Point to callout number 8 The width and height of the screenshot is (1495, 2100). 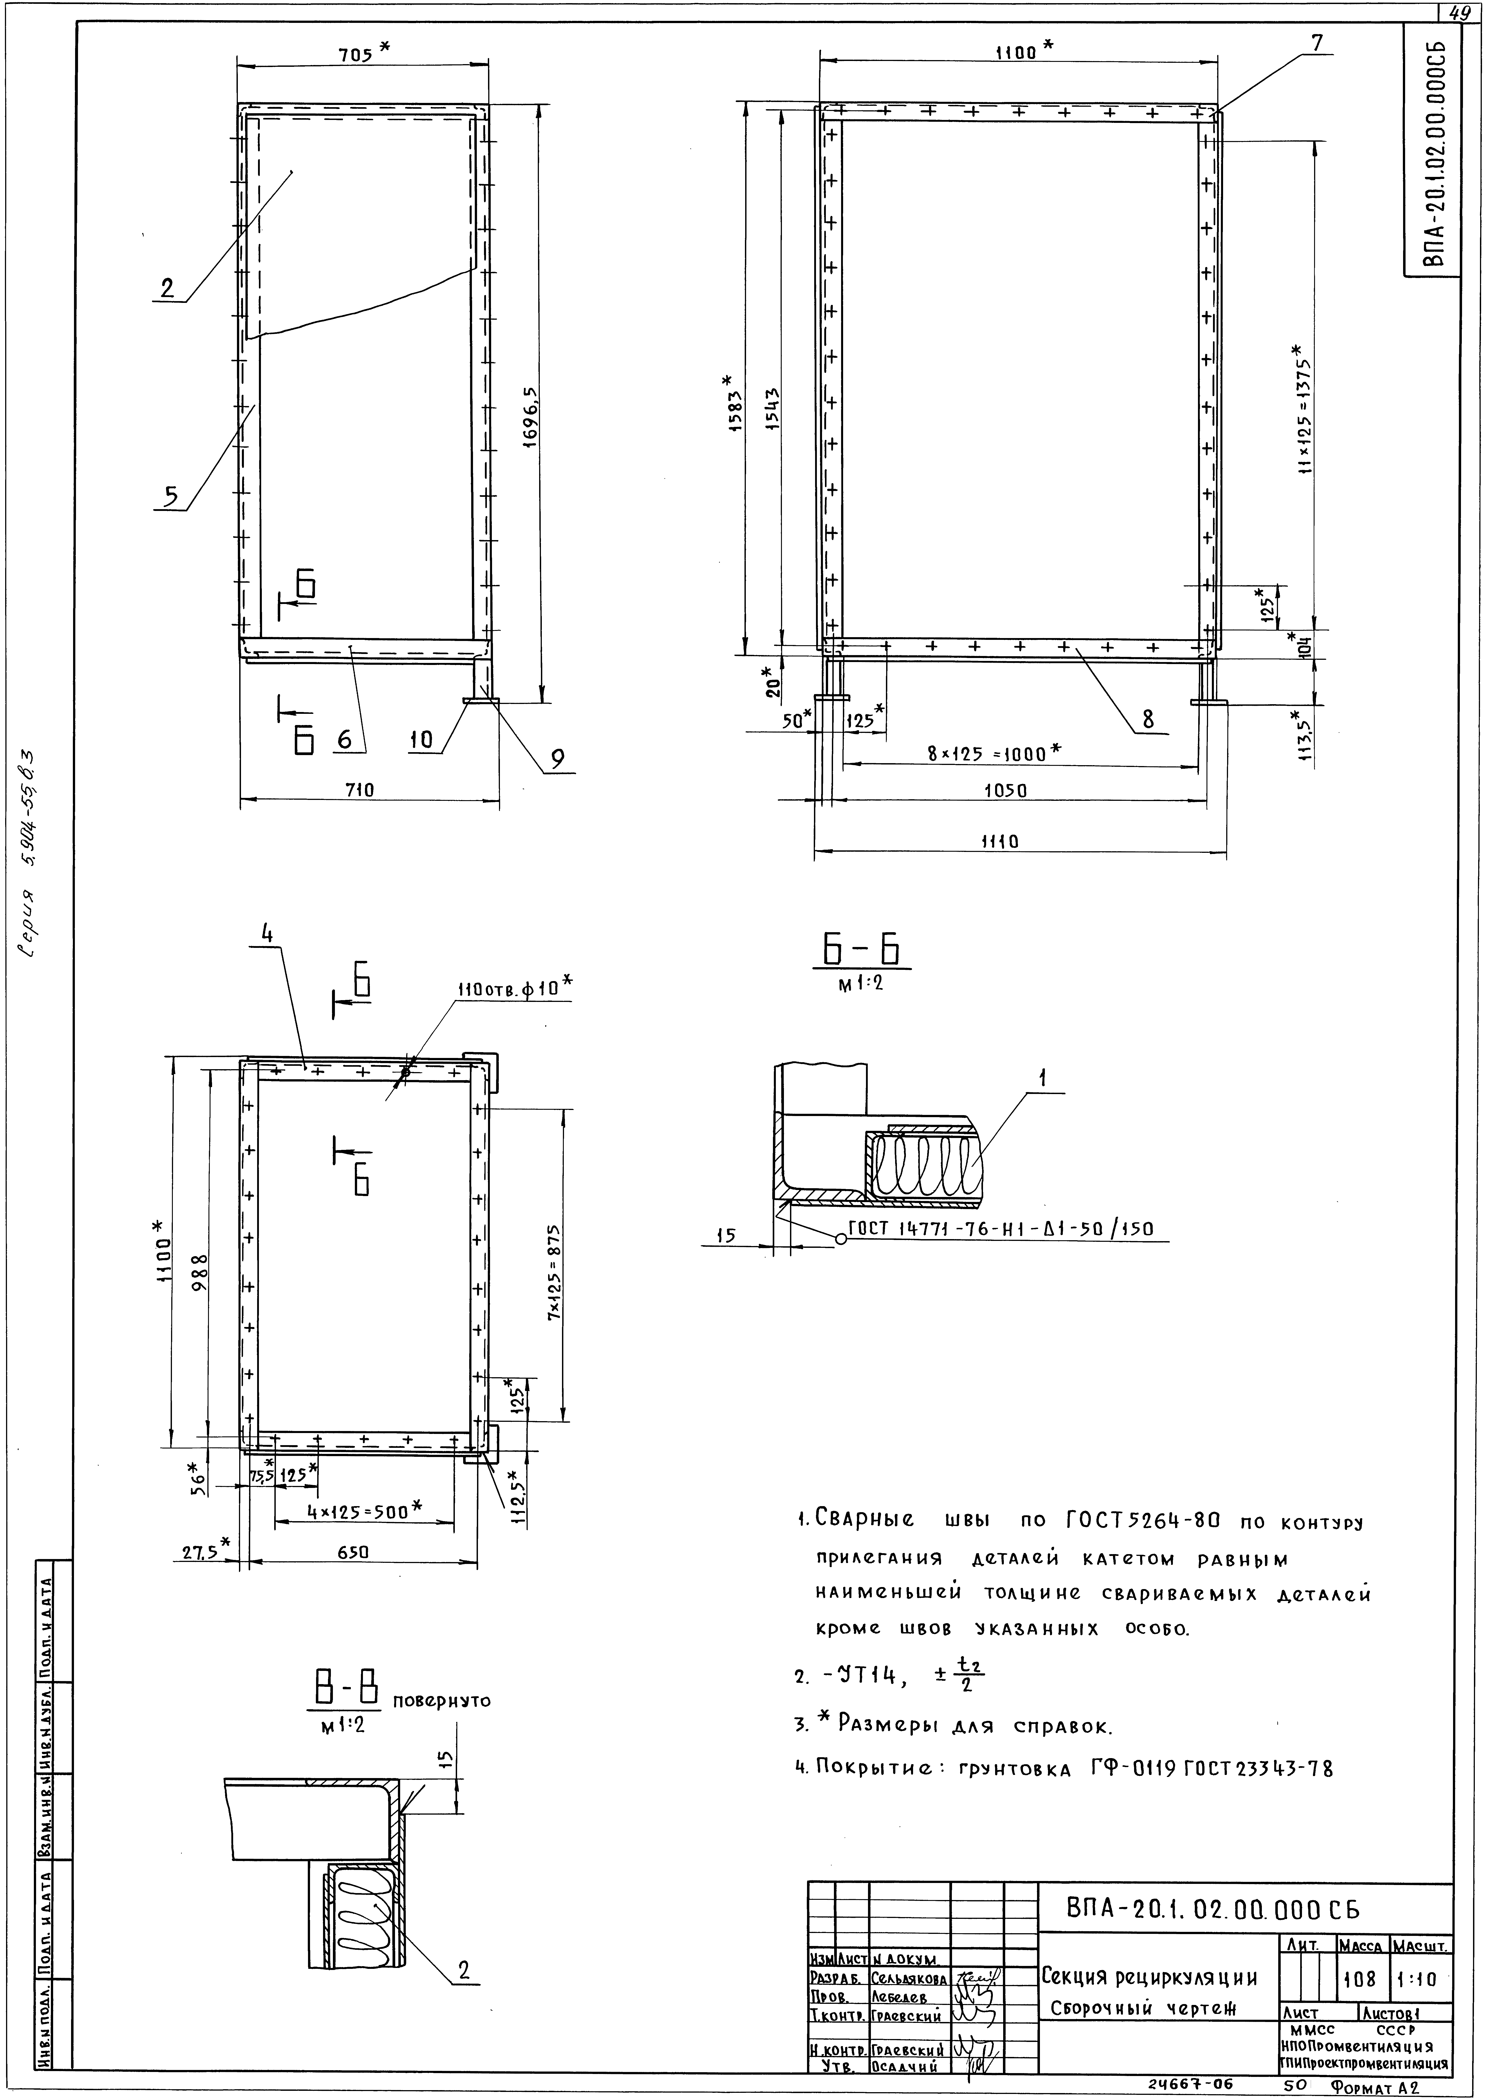[1148, 721]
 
